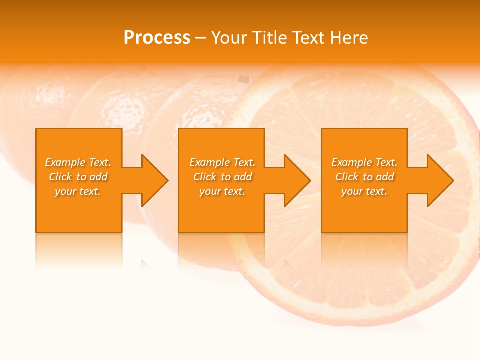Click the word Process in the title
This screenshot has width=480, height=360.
coord(157,38)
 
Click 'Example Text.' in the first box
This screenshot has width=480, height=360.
coord(78,162)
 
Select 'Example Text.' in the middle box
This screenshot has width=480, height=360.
coord(222,162)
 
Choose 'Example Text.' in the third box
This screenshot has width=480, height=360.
coord(364,162)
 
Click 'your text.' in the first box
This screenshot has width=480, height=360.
coord(78,191)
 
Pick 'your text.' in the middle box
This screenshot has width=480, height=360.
coord(222,191)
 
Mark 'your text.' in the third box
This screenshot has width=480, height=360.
coord(364,191)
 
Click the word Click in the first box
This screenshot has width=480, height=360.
coord(60,177)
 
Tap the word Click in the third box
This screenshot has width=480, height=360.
coord(347,177)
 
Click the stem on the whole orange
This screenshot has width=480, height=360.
coord(243,79)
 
